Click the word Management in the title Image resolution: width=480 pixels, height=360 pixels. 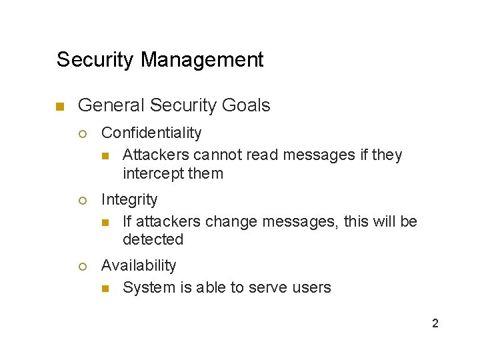[x=202, y=60]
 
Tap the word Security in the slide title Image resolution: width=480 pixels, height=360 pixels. [x=96, y=60]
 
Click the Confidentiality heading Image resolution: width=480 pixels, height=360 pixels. [x=151, y=133]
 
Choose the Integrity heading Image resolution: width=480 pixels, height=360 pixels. [x=129, y=199]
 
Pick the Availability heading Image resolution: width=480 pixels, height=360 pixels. [x=139, y=265]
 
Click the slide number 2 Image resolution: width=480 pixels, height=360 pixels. [x=435, y=324]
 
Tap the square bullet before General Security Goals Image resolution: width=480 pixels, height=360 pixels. [x=59, y=107]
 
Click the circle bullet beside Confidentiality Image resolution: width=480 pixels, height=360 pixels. [x=83, y=134]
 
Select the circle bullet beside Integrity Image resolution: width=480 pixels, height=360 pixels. [x=83, y=200]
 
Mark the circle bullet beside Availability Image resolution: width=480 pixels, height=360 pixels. [x=83, y=266]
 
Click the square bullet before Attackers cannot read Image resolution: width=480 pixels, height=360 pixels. [x=105, y=156]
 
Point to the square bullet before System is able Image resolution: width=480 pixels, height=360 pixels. [x=105, y=289]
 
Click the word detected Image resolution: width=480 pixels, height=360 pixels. [x=153, y=239]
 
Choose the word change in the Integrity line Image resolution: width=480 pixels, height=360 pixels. [x=231, y=221]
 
